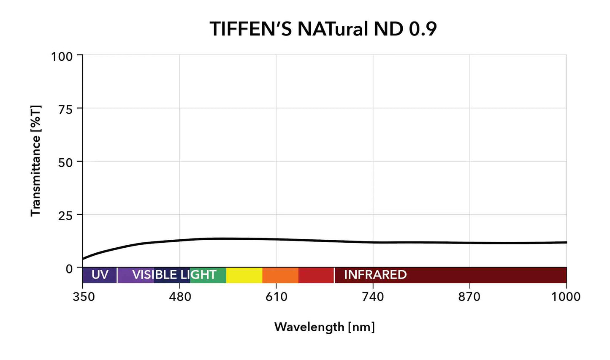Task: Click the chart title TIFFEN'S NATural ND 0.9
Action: pyautogui.click(x=323, y=29)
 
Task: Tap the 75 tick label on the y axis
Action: pyautogui.click(x=65, y=109)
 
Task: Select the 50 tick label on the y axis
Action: pyautogui.click(x=65, y=162)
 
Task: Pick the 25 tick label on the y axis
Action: pyautogui.click(x=65, y=215)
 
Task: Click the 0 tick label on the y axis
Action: pyautogui.click(x=69, y=269)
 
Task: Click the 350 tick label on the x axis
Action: pyautogui.click(x=84, y=297)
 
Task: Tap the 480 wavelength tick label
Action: pyautogui.click(x=180, y=297)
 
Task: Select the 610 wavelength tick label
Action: pyautogui.click(x=277, y=297)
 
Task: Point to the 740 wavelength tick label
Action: pyautogui.click(x=373, y=297)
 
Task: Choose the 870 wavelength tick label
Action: pyautogui.click(x=469, y=297)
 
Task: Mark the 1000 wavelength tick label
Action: pyautogui.click(x=566, y=297)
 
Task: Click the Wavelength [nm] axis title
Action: pyautogui.click(x=324, y=327)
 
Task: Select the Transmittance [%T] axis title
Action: pyautogui.click(x=36, y=161)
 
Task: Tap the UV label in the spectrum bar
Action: pyautogui.click(x=100, y=275)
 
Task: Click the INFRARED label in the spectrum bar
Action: pyautogui.click(x=375, y=275)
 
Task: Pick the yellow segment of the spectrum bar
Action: pyautogui.click(x=244, y=275)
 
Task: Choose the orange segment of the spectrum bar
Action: pyautogui.click(x=280, y=275)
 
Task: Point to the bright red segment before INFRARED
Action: pyautogui.click(x=316, y=275)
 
